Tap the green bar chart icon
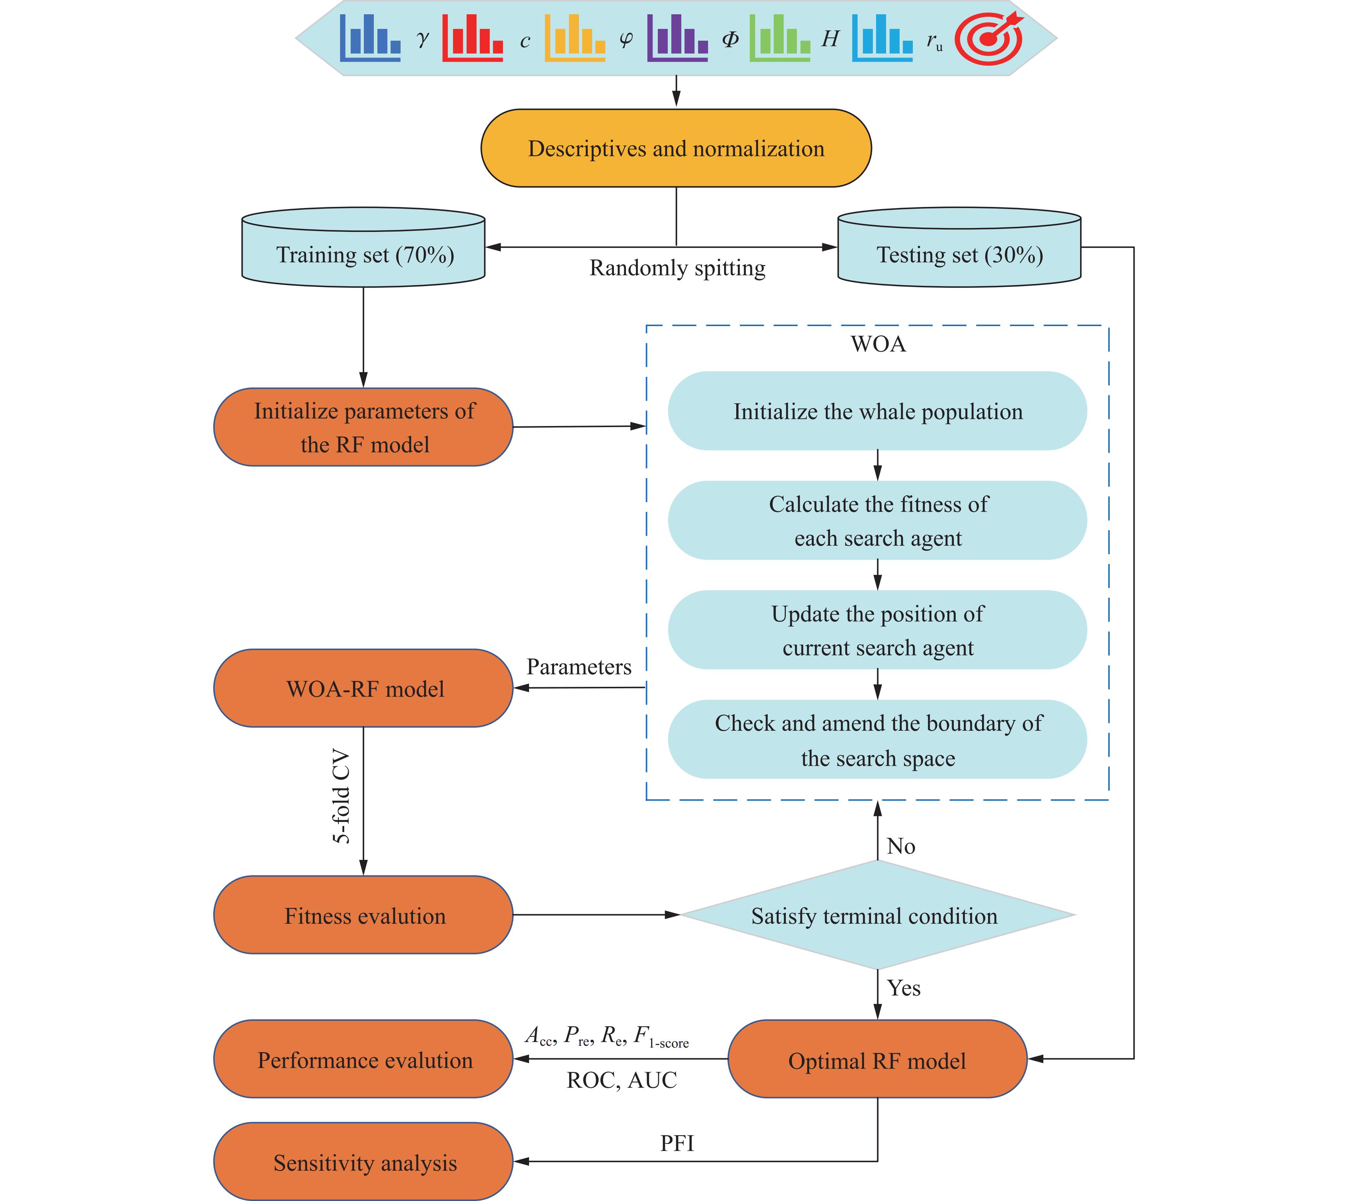coord(779,38)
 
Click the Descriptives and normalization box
coord(676,148)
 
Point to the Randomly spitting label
coord(677,268)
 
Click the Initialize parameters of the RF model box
coord(363,427)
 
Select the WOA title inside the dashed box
coord(878,344)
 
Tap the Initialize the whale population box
coord(878,411)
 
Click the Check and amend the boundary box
coord(878,740)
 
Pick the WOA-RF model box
coord(363,688)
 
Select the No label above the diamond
coord(901,846)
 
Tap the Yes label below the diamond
coord(903,988)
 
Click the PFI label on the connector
coord(677,1143)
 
